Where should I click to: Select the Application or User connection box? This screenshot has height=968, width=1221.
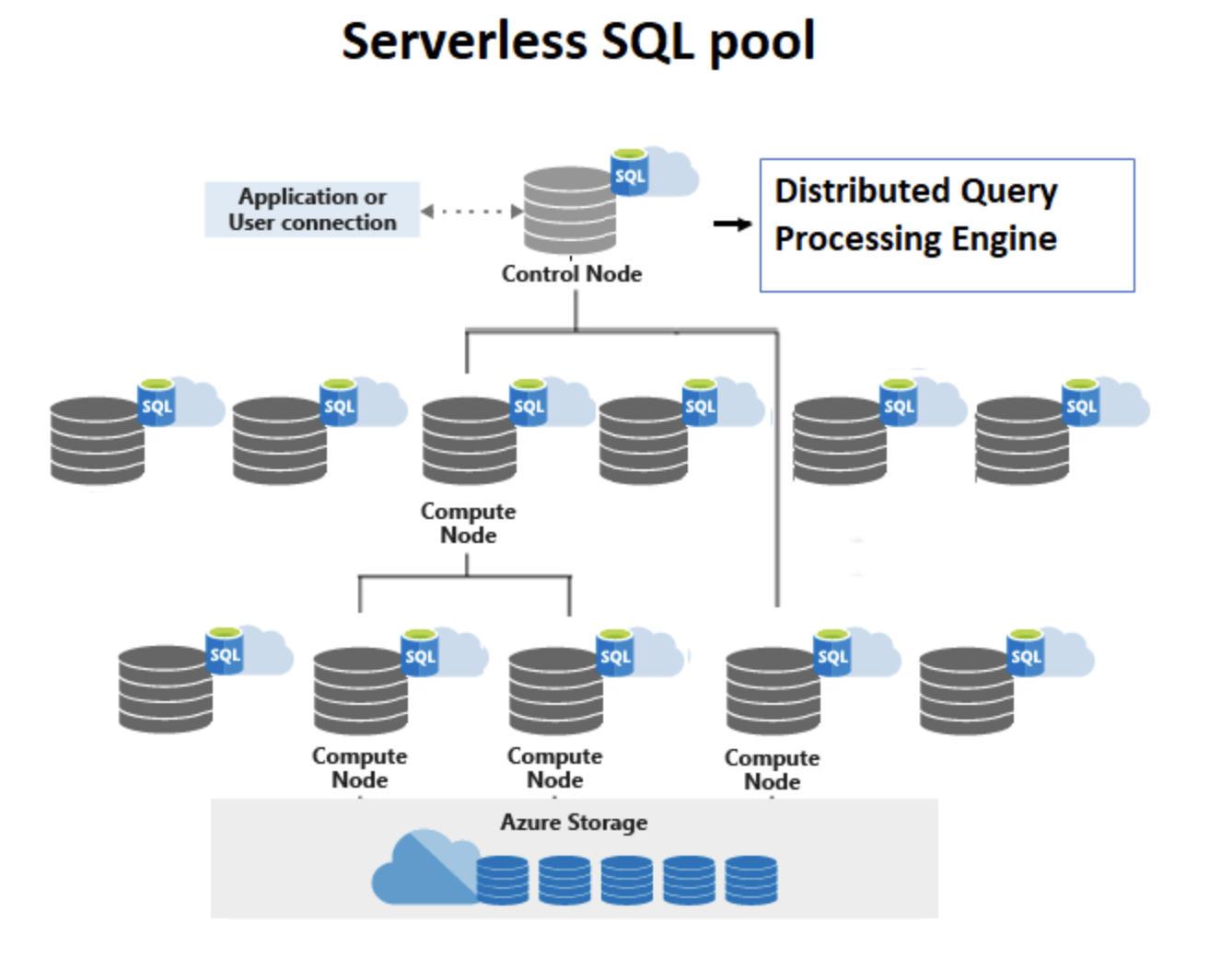pos(312,210)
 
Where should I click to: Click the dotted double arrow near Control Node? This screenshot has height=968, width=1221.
pos(471,212)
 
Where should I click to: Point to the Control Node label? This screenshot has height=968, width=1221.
pos(571,274)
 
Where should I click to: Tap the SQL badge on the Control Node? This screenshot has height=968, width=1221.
pos(630,174)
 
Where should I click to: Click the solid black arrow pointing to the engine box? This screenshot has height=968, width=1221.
pos(733,224)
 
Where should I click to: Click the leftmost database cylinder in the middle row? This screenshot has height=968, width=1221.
pos(97,440)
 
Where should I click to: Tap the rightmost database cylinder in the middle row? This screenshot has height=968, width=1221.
pos(1022,440)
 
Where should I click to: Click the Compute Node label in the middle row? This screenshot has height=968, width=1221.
pos(468,523)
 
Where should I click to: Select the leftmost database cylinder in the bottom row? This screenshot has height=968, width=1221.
pos(165,689)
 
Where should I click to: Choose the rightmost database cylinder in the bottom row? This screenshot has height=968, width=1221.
pos(966,689)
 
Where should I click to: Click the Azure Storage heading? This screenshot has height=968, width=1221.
pos(574,823)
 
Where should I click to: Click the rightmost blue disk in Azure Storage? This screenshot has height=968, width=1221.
pos(750,880)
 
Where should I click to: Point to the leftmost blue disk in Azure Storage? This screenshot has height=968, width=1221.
pos(503,880)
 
